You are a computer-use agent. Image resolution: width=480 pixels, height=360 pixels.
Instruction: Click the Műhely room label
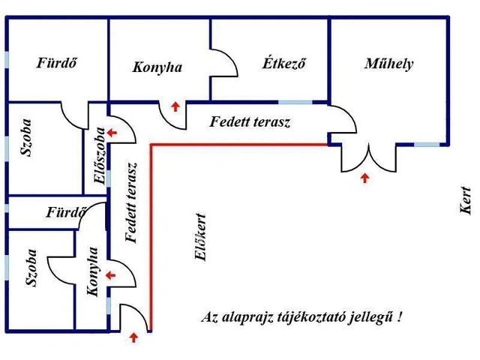tap(388, 64)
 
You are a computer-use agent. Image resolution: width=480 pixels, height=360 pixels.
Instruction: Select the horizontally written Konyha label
tap(157, 67)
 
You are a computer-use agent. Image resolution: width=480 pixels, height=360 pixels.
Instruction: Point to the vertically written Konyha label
tap(93, 271)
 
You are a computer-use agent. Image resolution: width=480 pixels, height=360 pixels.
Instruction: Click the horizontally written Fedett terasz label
tap(250, 121)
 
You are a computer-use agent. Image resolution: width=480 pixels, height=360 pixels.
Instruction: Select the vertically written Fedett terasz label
tap(132, 203)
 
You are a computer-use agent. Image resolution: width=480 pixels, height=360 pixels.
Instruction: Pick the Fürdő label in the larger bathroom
tap(58, 63)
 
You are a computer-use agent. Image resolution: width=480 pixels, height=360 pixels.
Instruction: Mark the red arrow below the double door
tap(365, 178)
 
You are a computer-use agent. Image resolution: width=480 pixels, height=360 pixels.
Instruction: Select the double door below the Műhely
tap(365, 158)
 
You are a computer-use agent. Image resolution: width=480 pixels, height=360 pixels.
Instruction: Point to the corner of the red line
tap(152, 143)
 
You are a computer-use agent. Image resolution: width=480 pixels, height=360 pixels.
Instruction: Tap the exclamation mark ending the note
tap(400, 316)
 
